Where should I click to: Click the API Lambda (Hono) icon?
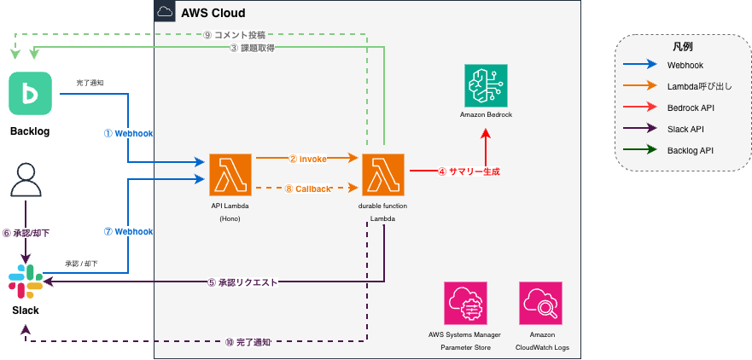click(230, 174)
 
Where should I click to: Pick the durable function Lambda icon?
click(382, 174)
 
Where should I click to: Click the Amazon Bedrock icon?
click(485, 85)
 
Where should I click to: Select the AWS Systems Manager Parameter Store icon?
click(465, 303)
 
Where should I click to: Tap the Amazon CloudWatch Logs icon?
click(540, 303)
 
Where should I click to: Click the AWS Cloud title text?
click(213, 13)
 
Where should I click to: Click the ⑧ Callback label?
click(306, 189)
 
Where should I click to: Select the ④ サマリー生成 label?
click(468, 171)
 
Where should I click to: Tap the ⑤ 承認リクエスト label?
click(242, 282)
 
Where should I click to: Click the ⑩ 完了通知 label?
click(248, 342)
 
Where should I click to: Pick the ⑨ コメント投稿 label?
click(235, 35)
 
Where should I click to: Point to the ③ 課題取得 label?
click(251, 49)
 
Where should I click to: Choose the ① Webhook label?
click(128, 134)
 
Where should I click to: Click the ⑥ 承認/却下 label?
click(26, 232)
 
